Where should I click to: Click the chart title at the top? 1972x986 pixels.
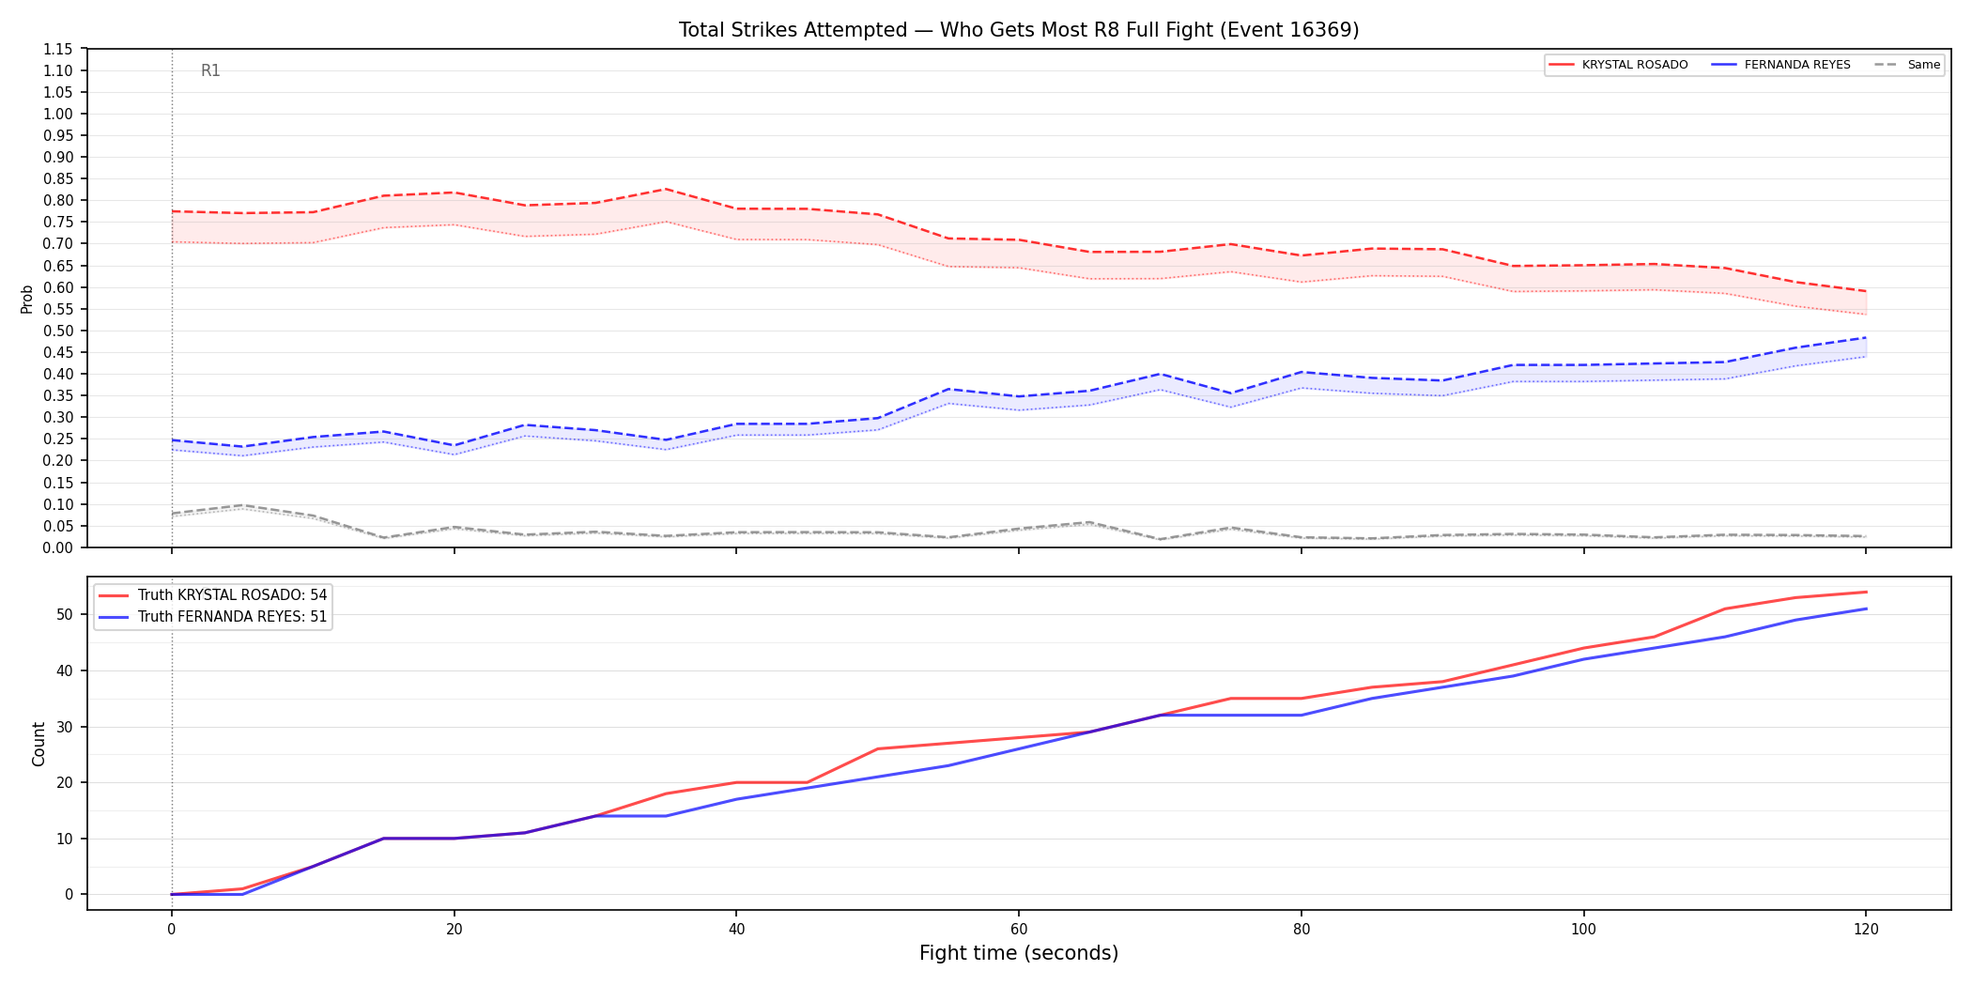coord(1019,30)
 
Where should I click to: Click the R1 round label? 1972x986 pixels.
coord(210,70)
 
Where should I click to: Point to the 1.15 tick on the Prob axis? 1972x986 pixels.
coord(58,49)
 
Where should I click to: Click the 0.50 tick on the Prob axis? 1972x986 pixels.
coord(58,331)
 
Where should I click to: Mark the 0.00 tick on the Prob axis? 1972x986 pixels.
coord(58,547)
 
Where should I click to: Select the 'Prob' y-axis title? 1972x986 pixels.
coord(27,299)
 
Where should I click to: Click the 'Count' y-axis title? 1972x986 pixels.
coord(39,744)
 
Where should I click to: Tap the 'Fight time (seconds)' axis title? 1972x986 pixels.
coord(1019,953)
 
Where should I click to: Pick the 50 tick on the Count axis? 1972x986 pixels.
coord(65,615)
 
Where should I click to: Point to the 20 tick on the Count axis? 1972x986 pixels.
coord(65,782)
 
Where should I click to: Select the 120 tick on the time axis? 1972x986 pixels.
coord(1866,930)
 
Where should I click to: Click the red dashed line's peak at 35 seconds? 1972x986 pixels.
coord(666,189)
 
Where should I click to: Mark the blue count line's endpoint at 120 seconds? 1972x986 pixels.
coord(1866,609)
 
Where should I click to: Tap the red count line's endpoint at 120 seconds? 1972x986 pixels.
coord(1866,593)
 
